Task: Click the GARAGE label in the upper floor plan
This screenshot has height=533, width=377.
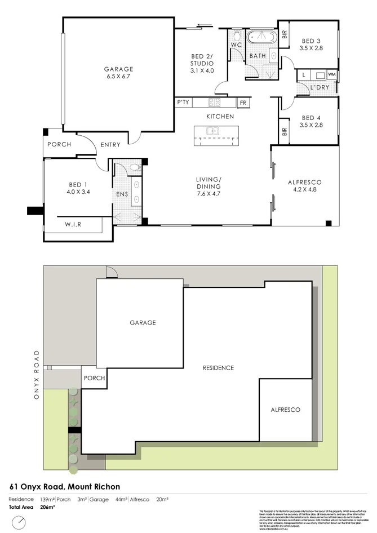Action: (118, 69)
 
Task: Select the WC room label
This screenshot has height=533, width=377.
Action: (236, 44)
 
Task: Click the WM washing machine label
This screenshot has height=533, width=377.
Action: (332, 74)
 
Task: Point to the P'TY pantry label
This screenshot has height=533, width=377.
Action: (183, 103)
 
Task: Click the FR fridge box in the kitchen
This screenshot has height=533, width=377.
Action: (243, 103)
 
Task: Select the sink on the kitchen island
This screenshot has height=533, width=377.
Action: (213, 131)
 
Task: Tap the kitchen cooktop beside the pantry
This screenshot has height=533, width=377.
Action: (215, 103)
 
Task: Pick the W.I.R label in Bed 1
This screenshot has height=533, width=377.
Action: (73, 225)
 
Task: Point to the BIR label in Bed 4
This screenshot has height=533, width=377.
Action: (285, 132)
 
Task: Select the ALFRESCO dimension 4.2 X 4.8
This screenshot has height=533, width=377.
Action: (304, 190)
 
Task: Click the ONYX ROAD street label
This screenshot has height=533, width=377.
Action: (37, 374)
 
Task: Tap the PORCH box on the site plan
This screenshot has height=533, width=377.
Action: (94, 377)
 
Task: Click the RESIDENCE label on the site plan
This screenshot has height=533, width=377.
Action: (218, 368)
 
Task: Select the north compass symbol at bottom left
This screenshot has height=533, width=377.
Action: (19, 522)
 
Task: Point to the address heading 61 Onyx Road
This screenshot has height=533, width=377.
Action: (65, 486)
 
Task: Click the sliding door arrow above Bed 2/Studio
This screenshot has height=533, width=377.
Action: (205, 25)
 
